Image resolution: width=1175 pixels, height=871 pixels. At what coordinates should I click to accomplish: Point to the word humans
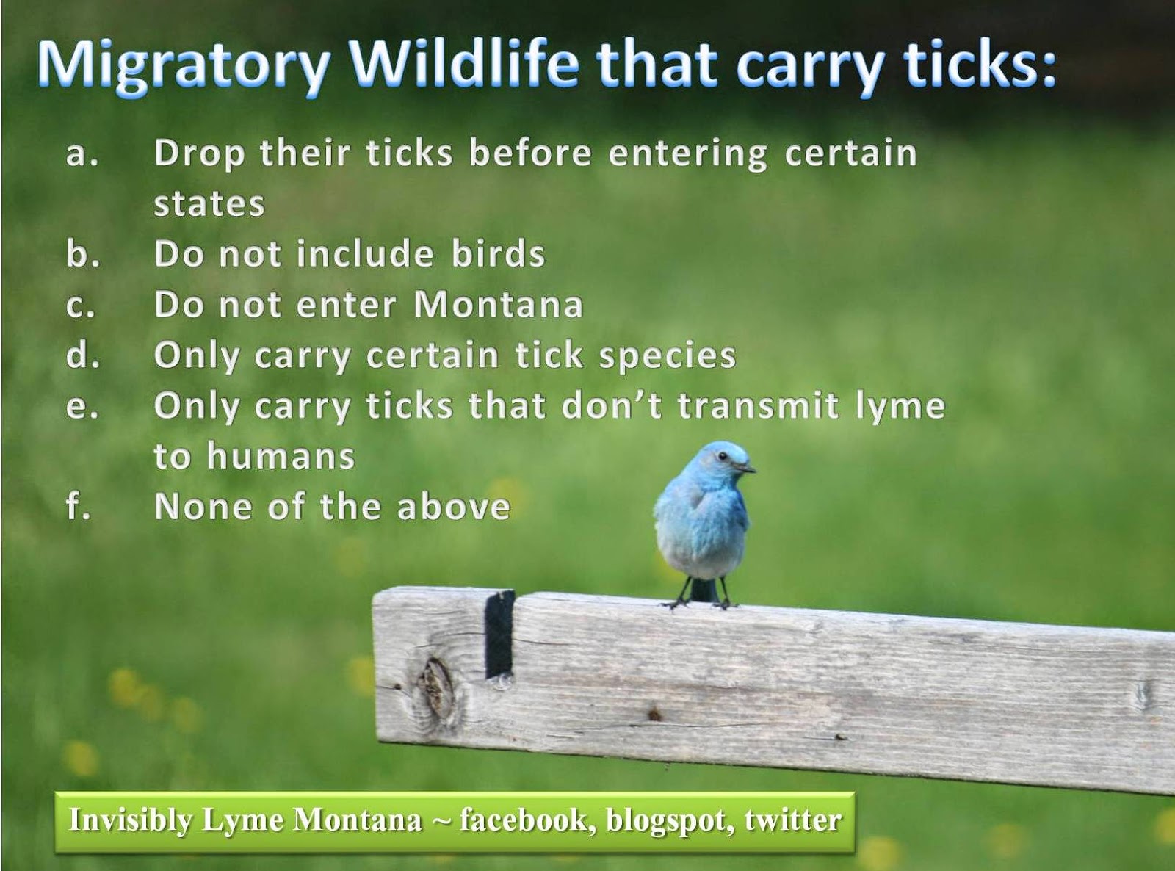281,455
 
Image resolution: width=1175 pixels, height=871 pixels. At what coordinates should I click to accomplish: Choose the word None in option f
203,506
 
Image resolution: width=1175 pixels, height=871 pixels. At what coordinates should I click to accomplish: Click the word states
209,204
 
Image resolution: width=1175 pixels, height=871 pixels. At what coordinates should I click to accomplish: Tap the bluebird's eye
722,455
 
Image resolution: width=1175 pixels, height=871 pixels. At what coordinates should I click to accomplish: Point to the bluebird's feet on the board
702,602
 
